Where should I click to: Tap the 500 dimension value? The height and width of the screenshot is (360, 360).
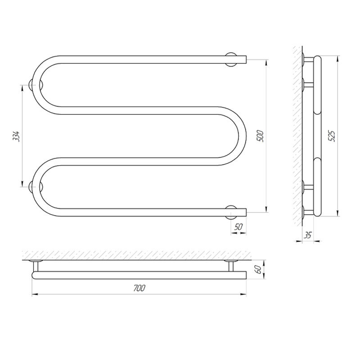(x=261, y=136)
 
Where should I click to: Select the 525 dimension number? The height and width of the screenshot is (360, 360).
(x=333, y=136)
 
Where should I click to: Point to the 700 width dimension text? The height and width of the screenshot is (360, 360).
(x=139, y=288)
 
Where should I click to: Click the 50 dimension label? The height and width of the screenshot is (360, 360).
(x=238, y=227)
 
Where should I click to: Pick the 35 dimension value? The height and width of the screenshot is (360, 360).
(x=308, y=235)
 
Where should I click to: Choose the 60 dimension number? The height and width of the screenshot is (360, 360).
(x=258, y=269)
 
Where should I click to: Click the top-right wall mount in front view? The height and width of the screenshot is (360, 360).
(x=230, y=59)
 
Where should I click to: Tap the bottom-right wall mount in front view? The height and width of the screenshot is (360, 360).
(x=230, y=212)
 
